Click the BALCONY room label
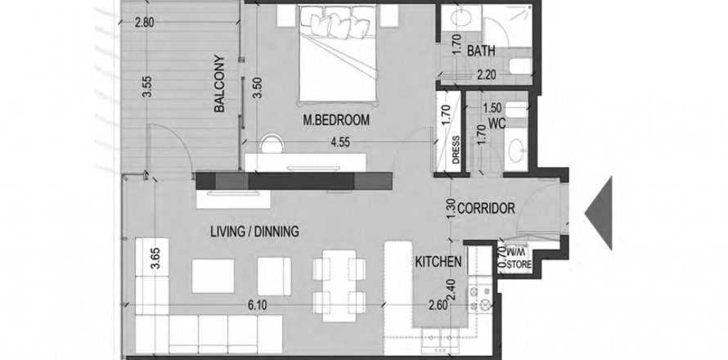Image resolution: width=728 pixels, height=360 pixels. (219, 84)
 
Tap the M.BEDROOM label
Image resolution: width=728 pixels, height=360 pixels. (336, 120)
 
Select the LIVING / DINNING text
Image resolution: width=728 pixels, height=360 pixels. (254, 232)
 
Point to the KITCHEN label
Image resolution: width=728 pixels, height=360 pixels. (438, 262)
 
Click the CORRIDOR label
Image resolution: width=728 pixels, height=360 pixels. (486, 209)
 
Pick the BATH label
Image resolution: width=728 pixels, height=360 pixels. (481, 51)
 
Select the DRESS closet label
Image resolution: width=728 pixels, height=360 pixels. (456, 150)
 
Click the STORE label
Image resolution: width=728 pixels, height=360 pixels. (519, 265)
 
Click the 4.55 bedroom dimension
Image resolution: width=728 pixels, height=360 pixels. (339, 142)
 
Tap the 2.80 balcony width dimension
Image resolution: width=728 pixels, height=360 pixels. (145, 22)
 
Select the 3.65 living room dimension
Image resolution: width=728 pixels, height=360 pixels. (155, 259)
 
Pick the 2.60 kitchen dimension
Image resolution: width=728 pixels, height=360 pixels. (438, 305)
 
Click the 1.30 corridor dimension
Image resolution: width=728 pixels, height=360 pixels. (450, 209)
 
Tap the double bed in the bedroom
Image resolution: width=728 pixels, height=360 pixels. (337, 53)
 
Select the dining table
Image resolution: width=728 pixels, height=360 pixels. (339, 282)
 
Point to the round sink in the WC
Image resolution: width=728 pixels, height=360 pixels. (516, 150)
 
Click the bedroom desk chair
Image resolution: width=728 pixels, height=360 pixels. (272, 143)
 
